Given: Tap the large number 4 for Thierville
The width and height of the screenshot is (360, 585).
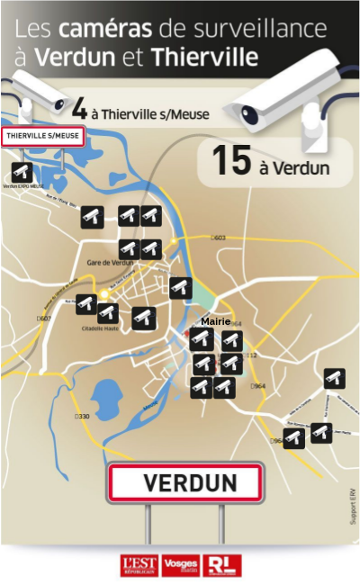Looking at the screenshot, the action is (x=79, y=110).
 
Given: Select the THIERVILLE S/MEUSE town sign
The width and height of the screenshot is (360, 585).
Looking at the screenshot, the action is (x=44, y=137).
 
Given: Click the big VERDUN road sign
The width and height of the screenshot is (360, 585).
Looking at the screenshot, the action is (x=185, y=483).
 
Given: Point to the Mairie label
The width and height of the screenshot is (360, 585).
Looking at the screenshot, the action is (x=215, y=321).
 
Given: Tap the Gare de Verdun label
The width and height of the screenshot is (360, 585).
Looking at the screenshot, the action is (x=110, y=262).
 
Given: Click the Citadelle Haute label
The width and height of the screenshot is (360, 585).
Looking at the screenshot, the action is (x=101, y=328).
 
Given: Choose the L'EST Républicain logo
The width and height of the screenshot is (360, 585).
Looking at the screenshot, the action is (x=139, y=565).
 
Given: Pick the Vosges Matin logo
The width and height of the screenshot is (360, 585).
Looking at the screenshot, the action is (x=181, y=565).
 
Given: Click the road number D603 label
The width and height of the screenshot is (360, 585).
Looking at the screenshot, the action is (x=218, y=238).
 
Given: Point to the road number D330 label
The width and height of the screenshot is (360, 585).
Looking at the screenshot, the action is (x=82, y=417).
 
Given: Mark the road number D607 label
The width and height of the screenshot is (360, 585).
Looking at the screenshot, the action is (x=44, y=319).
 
